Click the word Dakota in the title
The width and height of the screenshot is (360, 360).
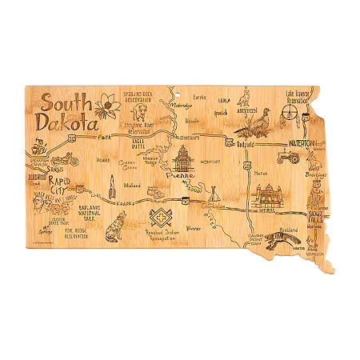click(x=66, y=126)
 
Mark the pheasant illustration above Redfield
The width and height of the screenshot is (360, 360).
click(x=255, y=124)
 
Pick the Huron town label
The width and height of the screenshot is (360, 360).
click(x=258, y=171)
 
